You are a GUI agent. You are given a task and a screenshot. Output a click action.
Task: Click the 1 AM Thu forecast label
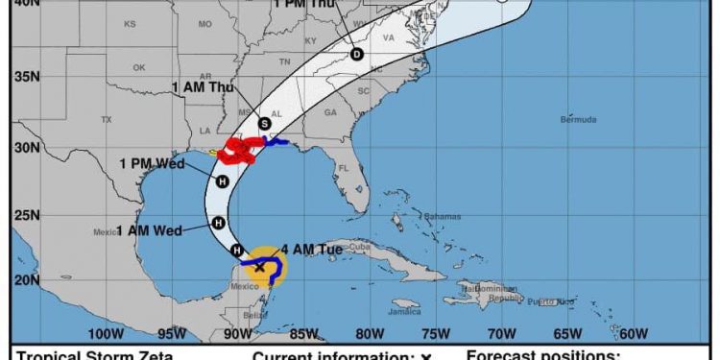(x=202, y=87)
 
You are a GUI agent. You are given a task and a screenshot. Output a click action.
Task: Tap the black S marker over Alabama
(x=264, y=123)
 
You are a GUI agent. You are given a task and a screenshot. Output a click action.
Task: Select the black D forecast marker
(x=357, y=55)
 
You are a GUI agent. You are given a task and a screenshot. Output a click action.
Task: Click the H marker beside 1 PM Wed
(x=223, y=181)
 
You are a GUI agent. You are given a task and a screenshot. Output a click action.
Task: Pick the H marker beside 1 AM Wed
(x=218, y=223)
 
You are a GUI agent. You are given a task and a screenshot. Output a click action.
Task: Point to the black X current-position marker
(x=259, y=267)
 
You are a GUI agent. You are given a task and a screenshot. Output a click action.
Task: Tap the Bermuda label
(x=578, y=119)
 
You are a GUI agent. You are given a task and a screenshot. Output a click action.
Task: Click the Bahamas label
(x=436, y=215)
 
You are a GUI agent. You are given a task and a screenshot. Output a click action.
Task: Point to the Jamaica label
(x=405, y=312)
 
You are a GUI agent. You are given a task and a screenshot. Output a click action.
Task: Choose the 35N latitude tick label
(x=25, y=77)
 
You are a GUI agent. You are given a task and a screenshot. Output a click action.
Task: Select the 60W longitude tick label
(x=632, y=334)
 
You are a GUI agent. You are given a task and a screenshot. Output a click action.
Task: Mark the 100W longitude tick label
(x=106, y=334)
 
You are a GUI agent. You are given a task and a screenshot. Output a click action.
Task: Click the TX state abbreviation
(x=107, y=119)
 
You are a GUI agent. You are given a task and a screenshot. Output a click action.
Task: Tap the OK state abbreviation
(x=139, y=67)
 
